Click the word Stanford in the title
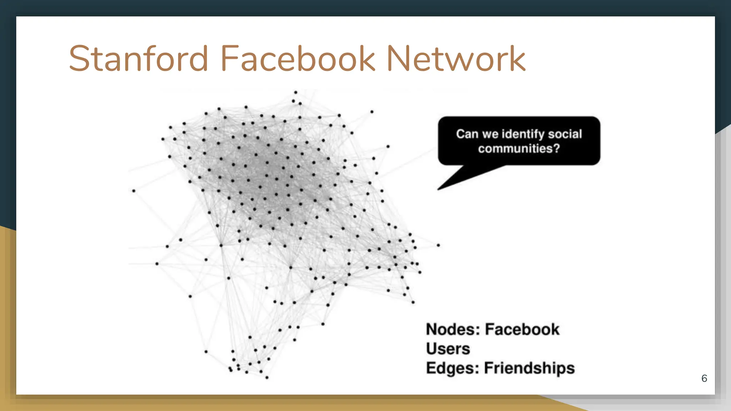pyautogui.click(x=138, y=59)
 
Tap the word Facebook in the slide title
pyautogui.click(x=298, y=59)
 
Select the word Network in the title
pyautogui.click(x=456, y=59)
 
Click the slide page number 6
pyautogui.click(x=704, y=379)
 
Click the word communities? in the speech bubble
pyautogui.click(x=519, y=148)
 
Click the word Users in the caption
pyautogui.click(x=448, y=349)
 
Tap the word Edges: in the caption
pyautogui.click(x=452, y=368)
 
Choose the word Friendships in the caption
pyautogui.click(x=529, y=368)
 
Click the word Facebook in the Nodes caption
pyautogui.click(x=522, y=329)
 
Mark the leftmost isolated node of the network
pyautogui.click(x=134, y=191)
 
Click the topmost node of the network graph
pyautogui.click(x=296, y=92)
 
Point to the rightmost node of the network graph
pyautogui.click(x=438, y=245)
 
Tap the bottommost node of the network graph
pyautogui.click(x=267, y=377)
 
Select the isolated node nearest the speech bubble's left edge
pyautogui.click(x=388, y=146)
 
